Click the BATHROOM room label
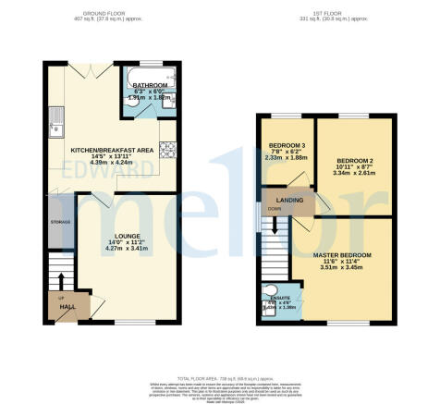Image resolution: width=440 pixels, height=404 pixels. (x=149, y=84)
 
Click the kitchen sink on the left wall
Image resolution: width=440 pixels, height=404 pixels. (x=55, y=116)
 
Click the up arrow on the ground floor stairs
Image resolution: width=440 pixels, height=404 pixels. (x=62, y=280)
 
